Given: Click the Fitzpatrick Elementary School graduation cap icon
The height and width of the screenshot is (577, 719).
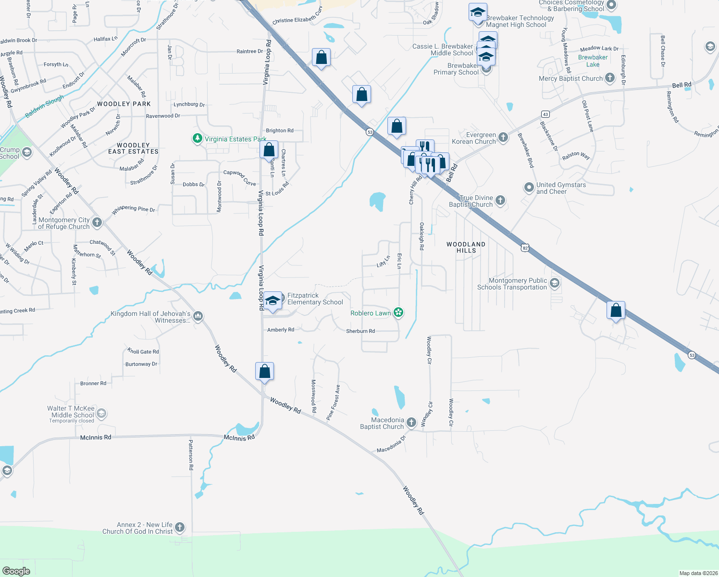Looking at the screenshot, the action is (x=273, y=301).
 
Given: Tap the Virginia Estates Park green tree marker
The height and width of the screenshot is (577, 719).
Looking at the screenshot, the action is (x=197, y=138).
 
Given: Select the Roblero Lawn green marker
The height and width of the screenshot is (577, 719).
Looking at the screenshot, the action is (x=398, y=313).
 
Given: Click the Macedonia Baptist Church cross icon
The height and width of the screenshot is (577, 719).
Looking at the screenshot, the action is (x=411, y=423).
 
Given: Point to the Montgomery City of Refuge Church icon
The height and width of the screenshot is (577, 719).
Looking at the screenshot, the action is (x=97, y=222).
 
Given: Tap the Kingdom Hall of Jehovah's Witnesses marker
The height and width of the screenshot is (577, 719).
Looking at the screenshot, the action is (x=198, y=316).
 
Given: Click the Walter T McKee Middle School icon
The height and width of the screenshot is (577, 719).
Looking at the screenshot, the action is (x=101, y=414).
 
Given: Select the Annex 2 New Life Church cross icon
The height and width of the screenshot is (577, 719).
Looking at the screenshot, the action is (x=179, y=527).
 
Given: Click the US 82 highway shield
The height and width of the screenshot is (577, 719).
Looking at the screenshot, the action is (x=525, y=248).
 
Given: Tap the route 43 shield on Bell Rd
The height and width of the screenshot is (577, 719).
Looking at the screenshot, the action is (x=545, y=114).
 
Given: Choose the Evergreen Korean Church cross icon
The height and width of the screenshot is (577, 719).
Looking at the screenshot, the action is (x=503, y=138).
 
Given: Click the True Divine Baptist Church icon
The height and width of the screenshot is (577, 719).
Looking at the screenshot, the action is (x=500, y=201).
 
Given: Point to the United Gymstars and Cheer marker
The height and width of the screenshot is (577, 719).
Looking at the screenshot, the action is (x=529, y=188).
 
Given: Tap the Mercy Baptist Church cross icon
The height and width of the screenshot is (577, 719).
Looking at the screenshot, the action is (x=609, y=78).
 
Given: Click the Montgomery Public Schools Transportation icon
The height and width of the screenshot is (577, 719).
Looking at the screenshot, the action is (x=554, y=283).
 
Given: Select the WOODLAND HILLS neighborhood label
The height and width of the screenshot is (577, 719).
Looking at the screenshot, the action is (x=466, y=247).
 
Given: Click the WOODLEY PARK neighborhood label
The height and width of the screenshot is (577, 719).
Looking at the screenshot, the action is (x=124, y=104).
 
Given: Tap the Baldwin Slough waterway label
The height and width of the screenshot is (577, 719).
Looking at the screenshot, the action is (x=44, y=106).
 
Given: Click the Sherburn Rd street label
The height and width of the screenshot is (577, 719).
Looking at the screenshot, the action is (x=360, y=331).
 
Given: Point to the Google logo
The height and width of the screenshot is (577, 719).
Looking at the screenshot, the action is (x=16, y=571).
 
